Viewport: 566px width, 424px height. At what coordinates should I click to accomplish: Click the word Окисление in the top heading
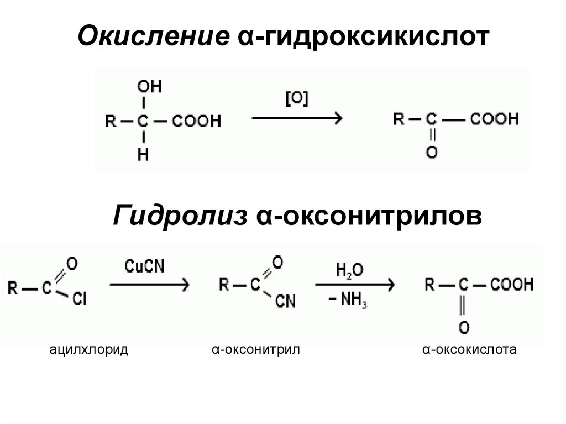pos(153,39)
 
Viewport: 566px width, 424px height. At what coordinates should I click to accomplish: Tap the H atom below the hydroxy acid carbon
pos(143,155)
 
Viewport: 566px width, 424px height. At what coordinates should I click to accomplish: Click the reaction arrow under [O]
pos(297,118)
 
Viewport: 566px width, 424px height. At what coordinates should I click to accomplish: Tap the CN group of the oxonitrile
pos(286,301)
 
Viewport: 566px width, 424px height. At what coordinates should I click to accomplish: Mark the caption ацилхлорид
pos(88,350)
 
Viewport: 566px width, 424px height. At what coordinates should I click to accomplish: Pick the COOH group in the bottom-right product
pos(509,285)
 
